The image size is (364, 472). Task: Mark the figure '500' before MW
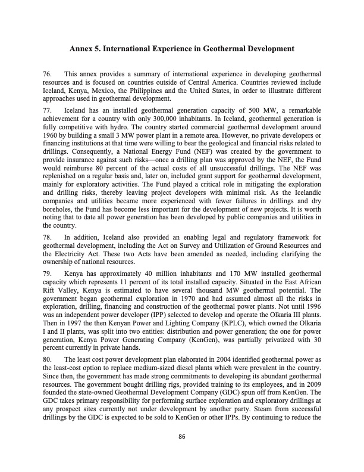pos(240,111)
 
